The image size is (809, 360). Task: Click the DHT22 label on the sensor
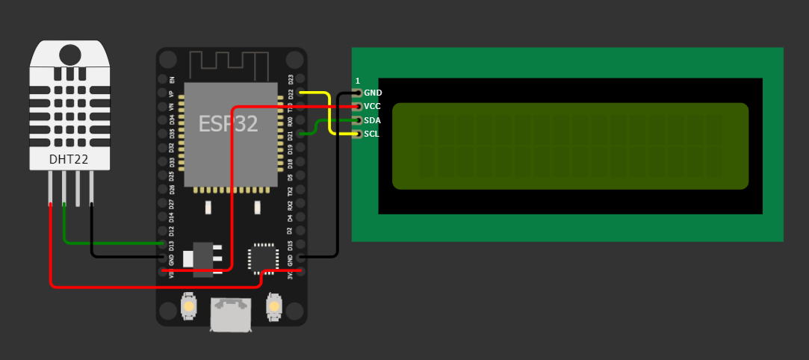[69, 159]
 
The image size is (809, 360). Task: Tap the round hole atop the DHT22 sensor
[69, 55]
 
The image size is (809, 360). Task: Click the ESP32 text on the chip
[228, 124]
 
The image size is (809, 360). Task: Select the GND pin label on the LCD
[373, 93]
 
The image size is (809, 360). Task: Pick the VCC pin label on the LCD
[373, 106]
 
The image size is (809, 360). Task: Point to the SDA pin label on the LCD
[373, 120]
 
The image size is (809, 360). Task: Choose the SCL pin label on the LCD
[372, 134]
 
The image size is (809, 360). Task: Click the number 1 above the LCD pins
[357, 81]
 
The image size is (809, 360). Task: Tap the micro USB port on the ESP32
[231, 313]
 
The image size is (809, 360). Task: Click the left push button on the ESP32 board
[189, 305]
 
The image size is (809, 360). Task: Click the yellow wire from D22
[329, 112]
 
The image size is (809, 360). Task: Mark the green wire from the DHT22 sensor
[112, 243]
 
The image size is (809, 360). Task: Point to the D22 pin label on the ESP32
[291, 94]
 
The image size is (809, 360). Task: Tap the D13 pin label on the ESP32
[172, 245]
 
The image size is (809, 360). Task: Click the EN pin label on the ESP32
[172, 79]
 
